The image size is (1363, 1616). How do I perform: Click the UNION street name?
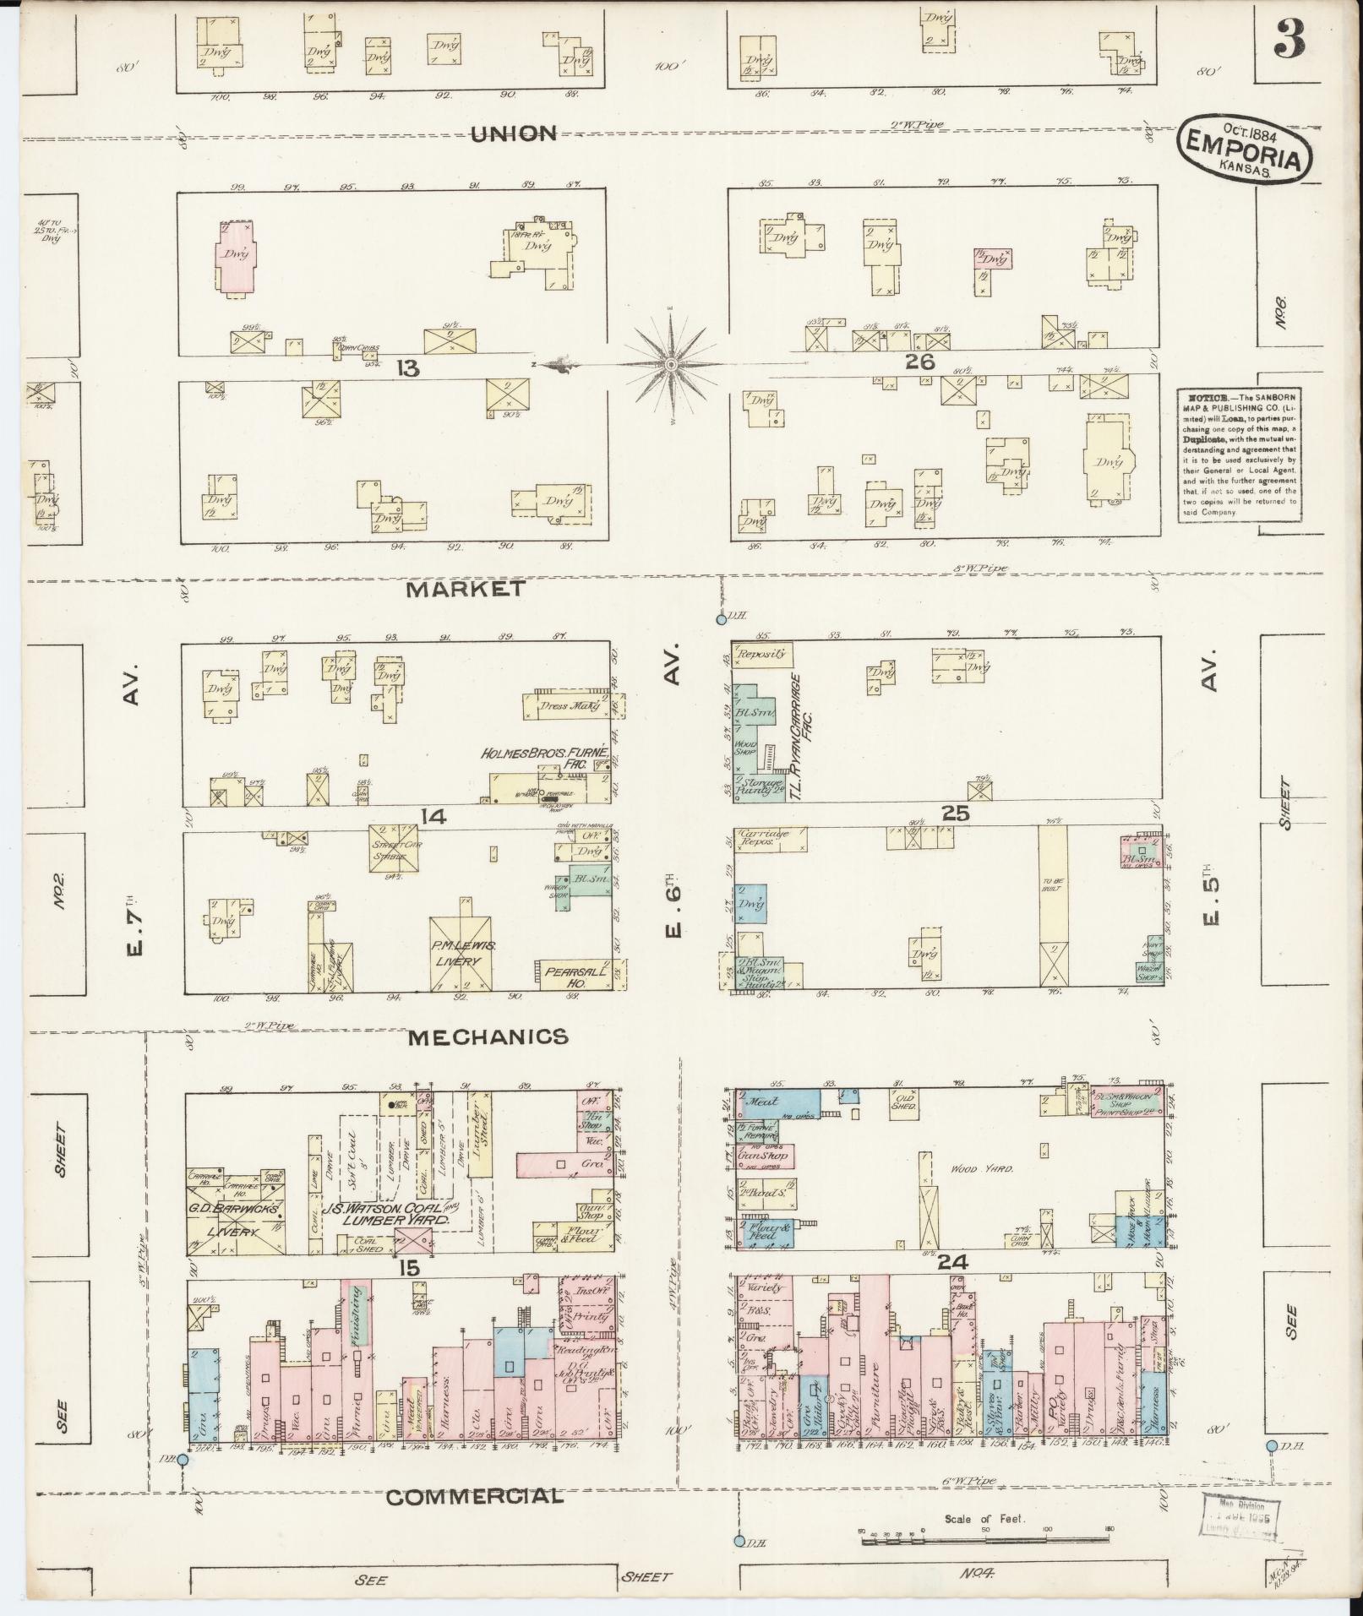pyautogui.click(x=514, y=133)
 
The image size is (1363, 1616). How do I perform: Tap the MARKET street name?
pyautogui.click(x=477, y=589)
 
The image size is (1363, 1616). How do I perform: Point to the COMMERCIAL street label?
pyautogui.click(x=474, y=1497)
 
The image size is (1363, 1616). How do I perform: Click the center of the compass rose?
pyautogui.click(x=670, y=365)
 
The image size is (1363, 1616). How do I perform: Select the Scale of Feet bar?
pyautogui.click(x=985, y=1540)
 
